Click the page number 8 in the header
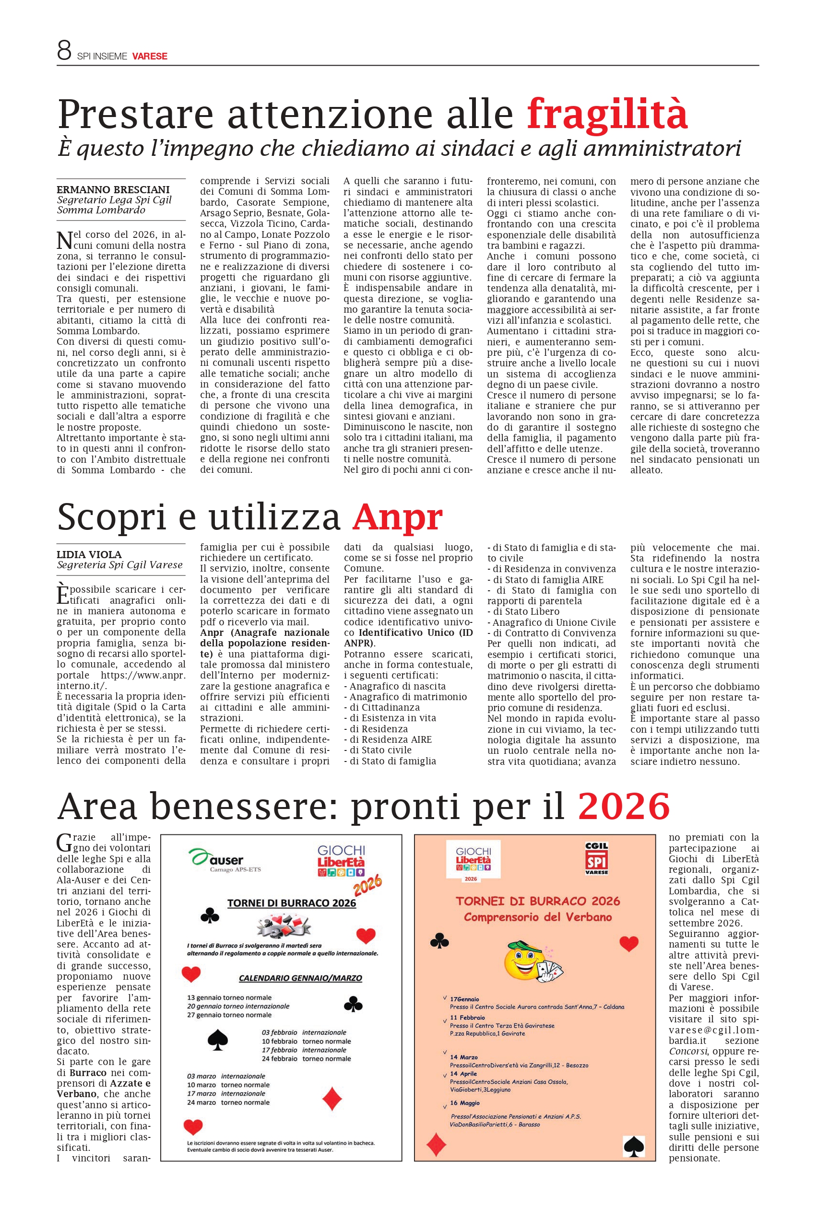(64, 50)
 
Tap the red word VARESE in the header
(149, 56)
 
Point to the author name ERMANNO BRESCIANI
(113, 189)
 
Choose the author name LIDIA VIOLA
(89, 554)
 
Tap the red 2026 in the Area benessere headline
(624, 806)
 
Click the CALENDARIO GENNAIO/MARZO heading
(300, 978)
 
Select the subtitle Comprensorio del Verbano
(538, 917)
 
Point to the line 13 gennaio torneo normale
(229, 997)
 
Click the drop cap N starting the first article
(65, 240)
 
